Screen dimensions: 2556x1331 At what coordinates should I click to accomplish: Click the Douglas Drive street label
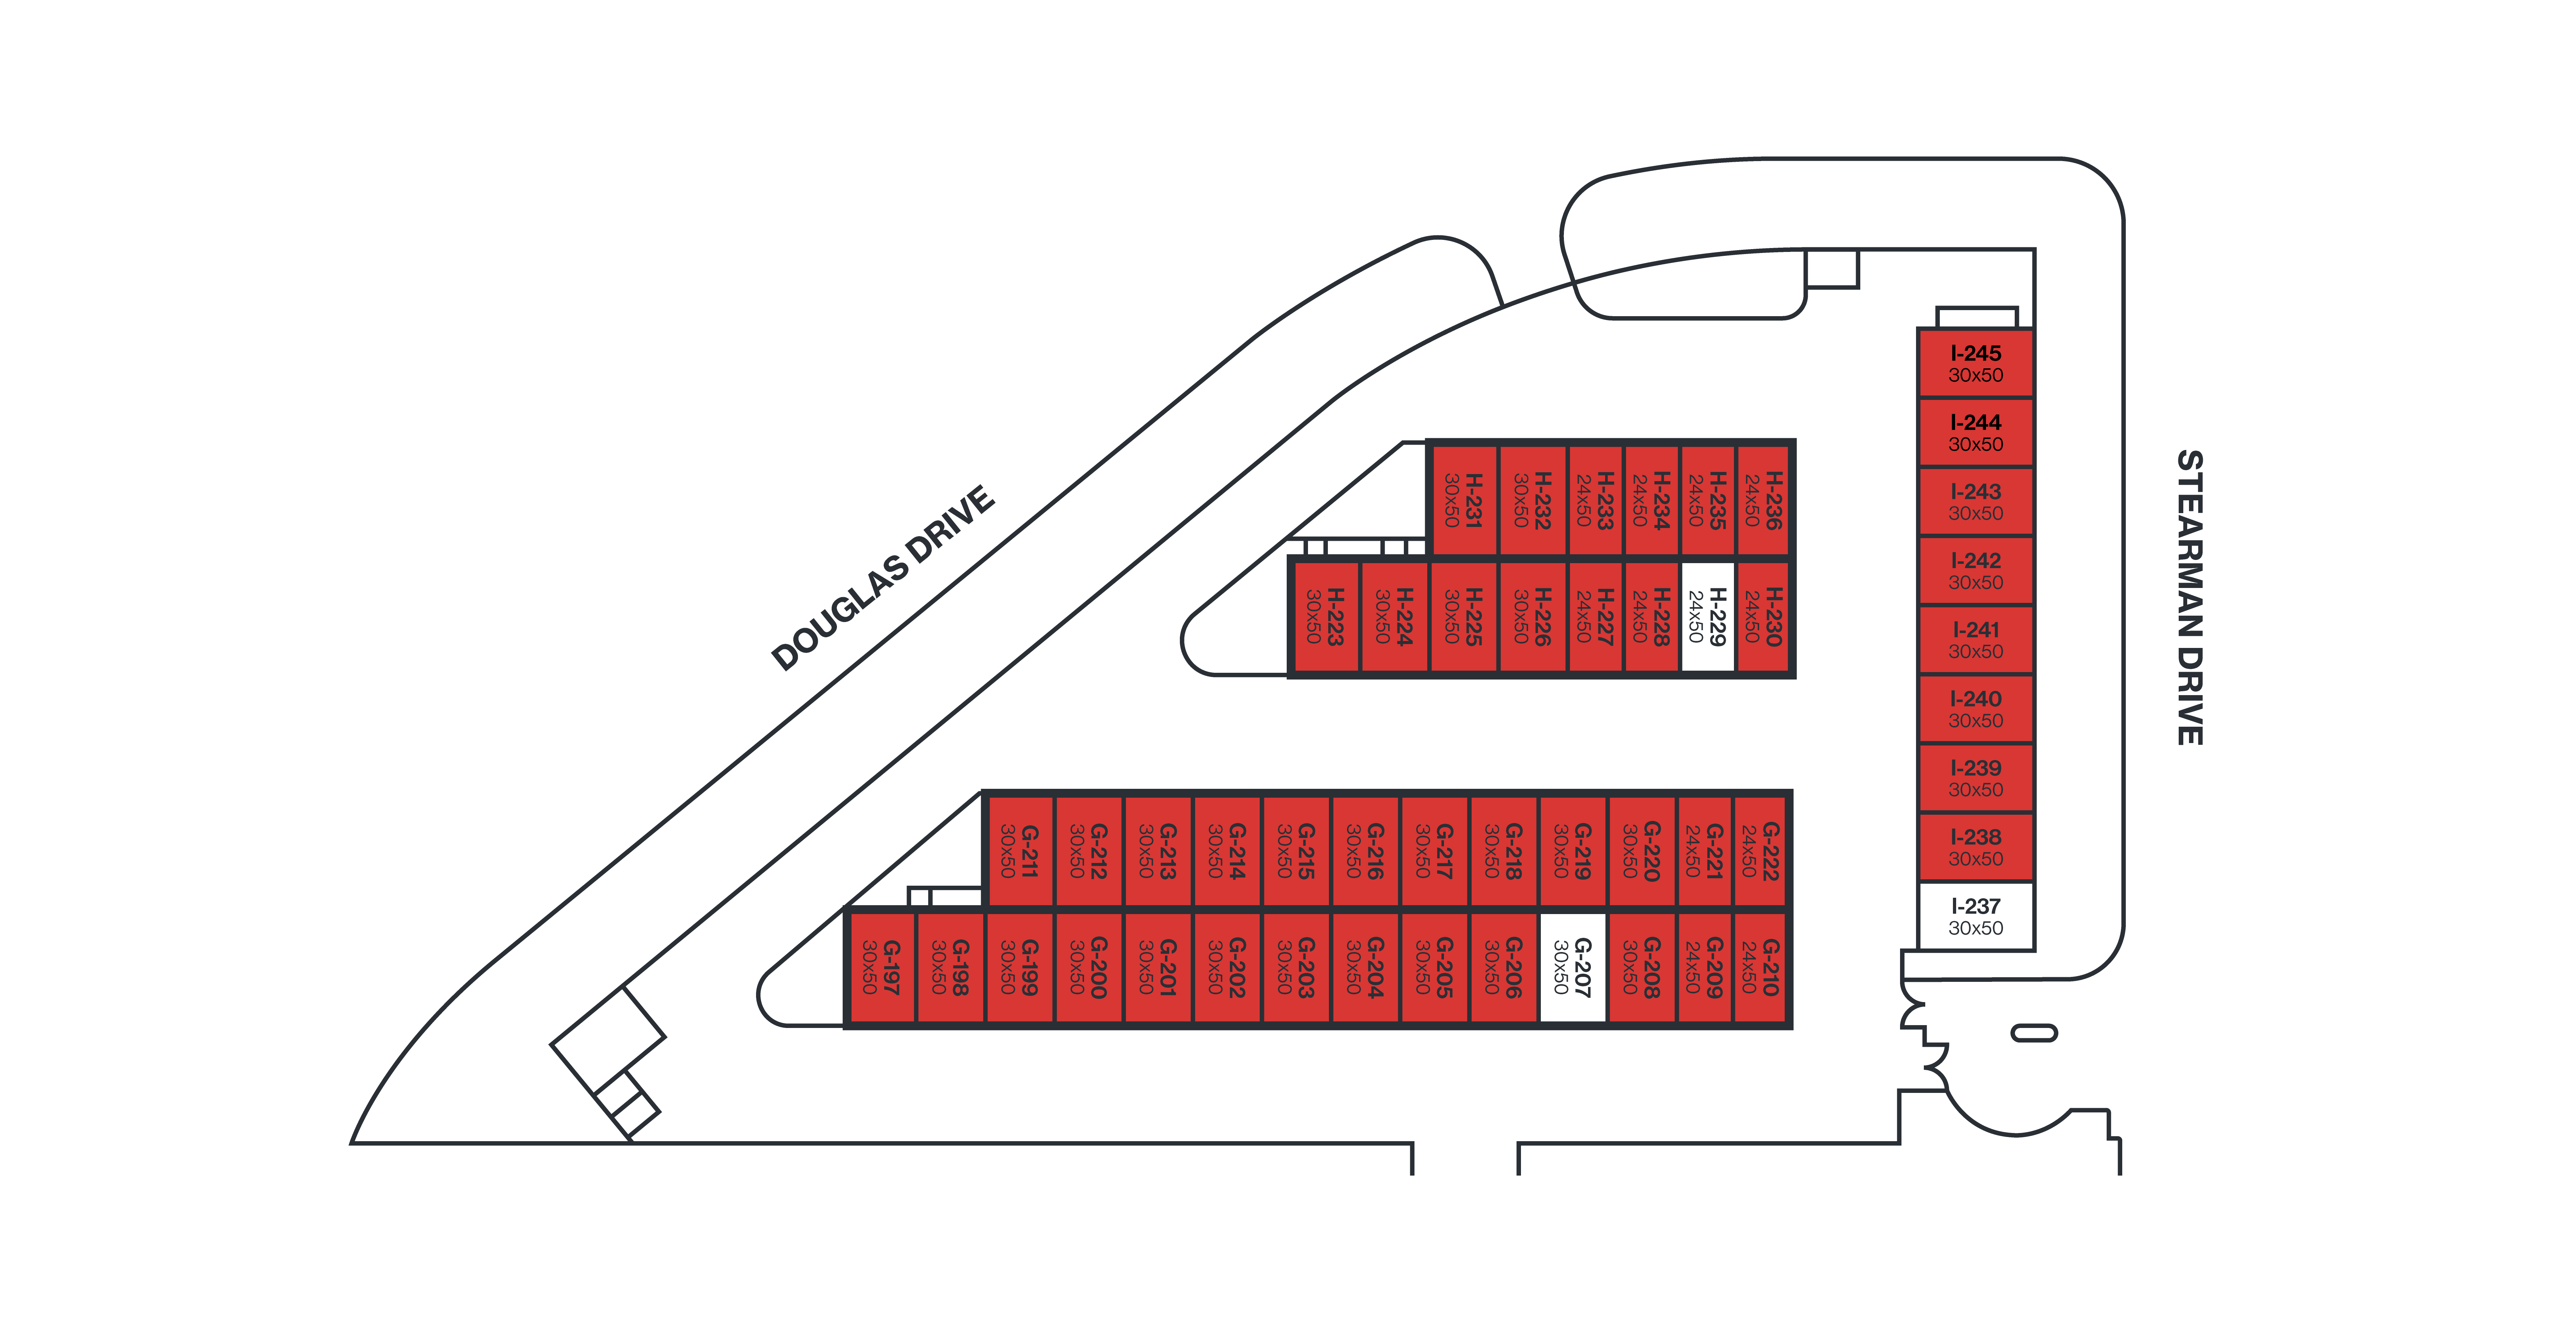882,578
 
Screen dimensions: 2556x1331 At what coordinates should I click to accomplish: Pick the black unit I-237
1976,917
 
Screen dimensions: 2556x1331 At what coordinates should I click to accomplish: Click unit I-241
1976,640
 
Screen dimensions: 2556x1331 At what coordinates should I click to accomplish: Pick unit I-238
1976,847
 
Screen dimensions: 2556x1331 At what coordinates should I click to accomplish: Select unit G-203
1296,967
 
